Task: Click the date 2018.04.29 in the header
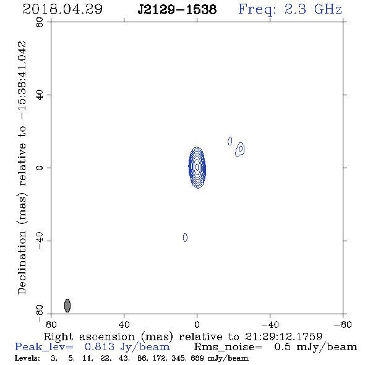point(62,9)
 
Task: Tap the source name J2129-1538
point(177,10)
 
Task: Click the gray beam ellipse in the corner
point(67,306)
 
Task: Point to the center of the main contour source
point(197,168)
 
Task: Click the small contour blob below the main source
point(186,238)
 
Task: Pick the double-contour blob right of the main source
point(240,149)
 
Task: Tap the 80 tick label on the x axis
point(51,325)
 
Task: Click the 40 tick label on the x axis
point(124,325)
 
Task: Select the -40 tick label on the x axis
point(270,325)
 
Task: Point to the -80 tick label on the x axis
point(343,325)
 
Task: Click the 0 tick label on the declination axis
point(40,168)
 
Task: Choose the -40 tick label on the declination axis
point(40,241)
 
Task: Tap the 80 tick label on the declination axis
point(40,22)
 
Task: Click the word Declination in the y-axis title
point(22,262)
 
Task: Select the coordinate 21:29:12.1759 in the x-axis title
point(283,337)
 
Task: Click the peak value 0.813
point(100,347)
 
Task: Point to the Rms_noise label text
point(228,347)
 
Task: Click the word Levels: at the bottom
point(27,358)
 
